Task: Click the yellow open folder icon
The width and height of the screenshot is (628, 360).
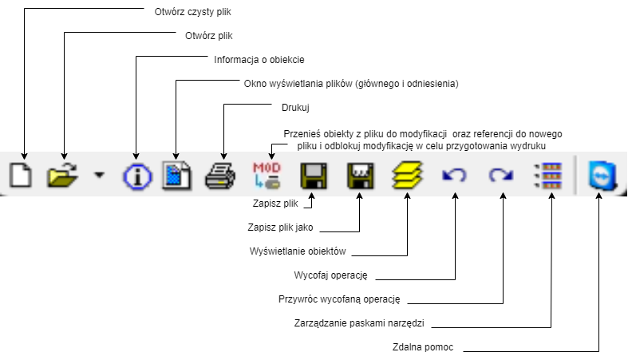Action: click(x=61, y=175)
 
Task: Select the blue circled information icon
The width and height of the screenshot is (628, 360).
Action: click(x=136, y=176)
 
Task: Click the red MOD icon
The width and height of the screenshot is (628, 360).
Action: click(x=267, y=175)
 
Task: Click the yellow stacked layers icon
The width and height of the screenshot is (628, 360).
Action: click(x=407, y=175)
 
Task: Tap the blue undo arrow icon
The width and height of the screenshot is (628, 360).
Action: click(x=454, y=175)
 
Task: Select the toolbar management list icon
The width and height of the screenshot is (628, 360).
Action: click(x=550, y=175)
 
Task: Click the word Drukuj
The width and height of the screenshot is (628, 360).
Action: click(x=295, y=106)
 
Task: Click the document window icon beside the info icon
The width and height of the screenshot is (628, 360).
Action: click(x=177, y=175)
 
